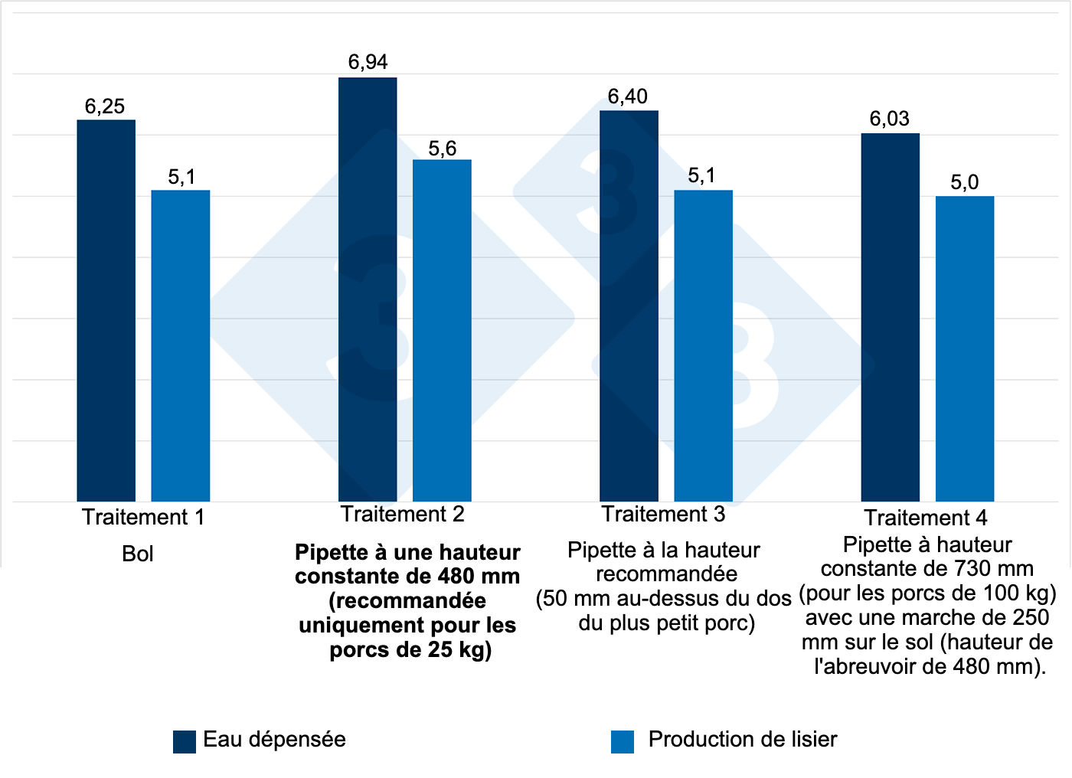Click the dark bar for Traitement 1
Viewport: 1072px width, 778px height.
(x=106, y=310)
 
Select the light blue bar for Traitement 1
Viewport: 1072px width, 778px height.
(x=181, y=345)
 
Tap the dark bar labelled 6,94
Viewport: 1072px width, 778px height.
(x=368, y=289)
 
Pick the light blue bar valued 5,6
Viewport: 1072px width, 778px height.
(x=442, y=330)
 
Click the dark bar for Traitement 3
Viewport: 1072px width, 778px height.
(x=629, y=306)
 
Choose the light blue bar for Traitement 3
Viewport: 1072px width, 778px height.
(x=703, y=345)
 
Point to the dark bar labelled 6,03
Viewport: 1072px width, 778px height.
(x=890, y=317)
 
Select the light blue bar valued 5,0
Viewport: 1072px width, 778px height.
(x=965, y=348)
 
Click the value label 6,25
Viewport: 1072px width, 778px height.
(x=105, y=106)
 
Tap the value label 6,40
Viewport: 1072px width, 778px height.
(x=628, y=96)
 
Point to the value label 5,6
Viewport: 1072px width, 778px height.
(x=443, y=149)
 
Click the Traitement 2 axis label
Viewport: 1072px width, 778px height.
(x=403, y=515)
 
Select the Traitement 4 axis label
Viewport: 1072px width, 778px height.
(x=926, y=518)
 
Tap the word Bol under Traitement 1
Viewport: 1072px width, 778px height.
(x=138, y=554)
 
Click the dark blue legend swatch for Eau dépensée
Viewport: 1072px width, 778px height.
(x=185, y=741)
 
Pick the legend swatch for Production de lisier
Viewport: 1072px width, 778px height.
(x=623, y=741)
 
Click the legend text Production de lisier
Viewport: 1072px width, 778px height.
(x=742, y=740)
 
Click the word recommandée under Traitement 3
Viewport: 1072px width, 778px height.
(x=667, y=574)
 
